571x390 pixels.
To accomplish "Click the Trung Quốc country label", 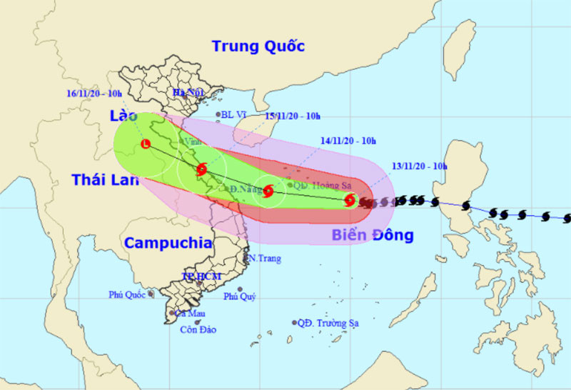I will click(258, 46).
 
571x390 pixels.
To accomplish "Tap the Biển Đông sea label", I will click(373, 236).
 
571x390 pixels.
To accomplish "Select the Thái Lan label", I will click(104, 180).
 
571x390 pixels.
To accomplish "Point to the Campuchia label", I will click(168, 243).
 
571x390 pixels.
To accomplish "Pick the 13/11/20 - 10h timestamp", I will click(420, 166).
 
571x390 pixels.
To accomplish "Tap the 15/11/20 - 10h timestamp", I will click(293, 116).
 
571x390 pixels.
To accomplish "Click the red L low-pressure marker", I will click(146, 144).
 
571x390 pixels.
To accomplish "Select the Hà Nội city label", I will click(188, 93).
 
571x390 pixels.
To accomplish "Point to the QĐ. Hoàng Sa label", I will click(317, 186).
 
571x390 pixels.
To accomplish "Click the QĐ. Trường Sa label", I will click(328, 323).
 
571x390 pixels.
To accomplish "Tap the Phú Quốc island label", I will click(127, 294).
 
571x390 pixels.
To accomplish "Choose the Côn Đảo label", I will click(198, 329).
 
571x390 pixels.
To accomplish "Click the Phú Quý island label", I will click(240, 296).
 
